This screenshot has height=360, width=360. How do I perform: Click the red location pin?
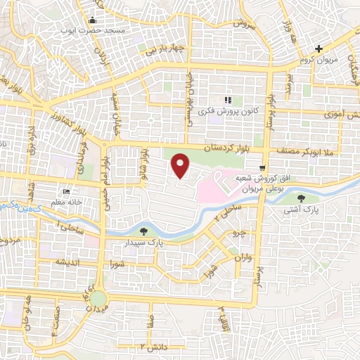pos(181,166)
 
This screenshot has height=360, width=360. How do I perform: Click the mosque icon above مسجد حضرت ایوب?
pos(94,20)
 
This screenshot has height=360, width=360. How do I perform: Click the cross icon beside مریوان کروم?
pos(319,49)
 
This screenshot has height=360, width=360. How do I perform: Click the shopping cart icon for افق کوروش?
pos(262,167)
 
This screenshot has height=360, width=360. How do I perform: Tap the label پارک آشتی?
pos(300,209)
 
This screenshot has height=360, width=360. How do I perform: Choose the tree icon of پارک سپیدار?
pos(144,231)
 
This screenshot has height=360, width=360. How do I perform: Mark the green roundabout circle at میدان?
pos(98,300)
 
